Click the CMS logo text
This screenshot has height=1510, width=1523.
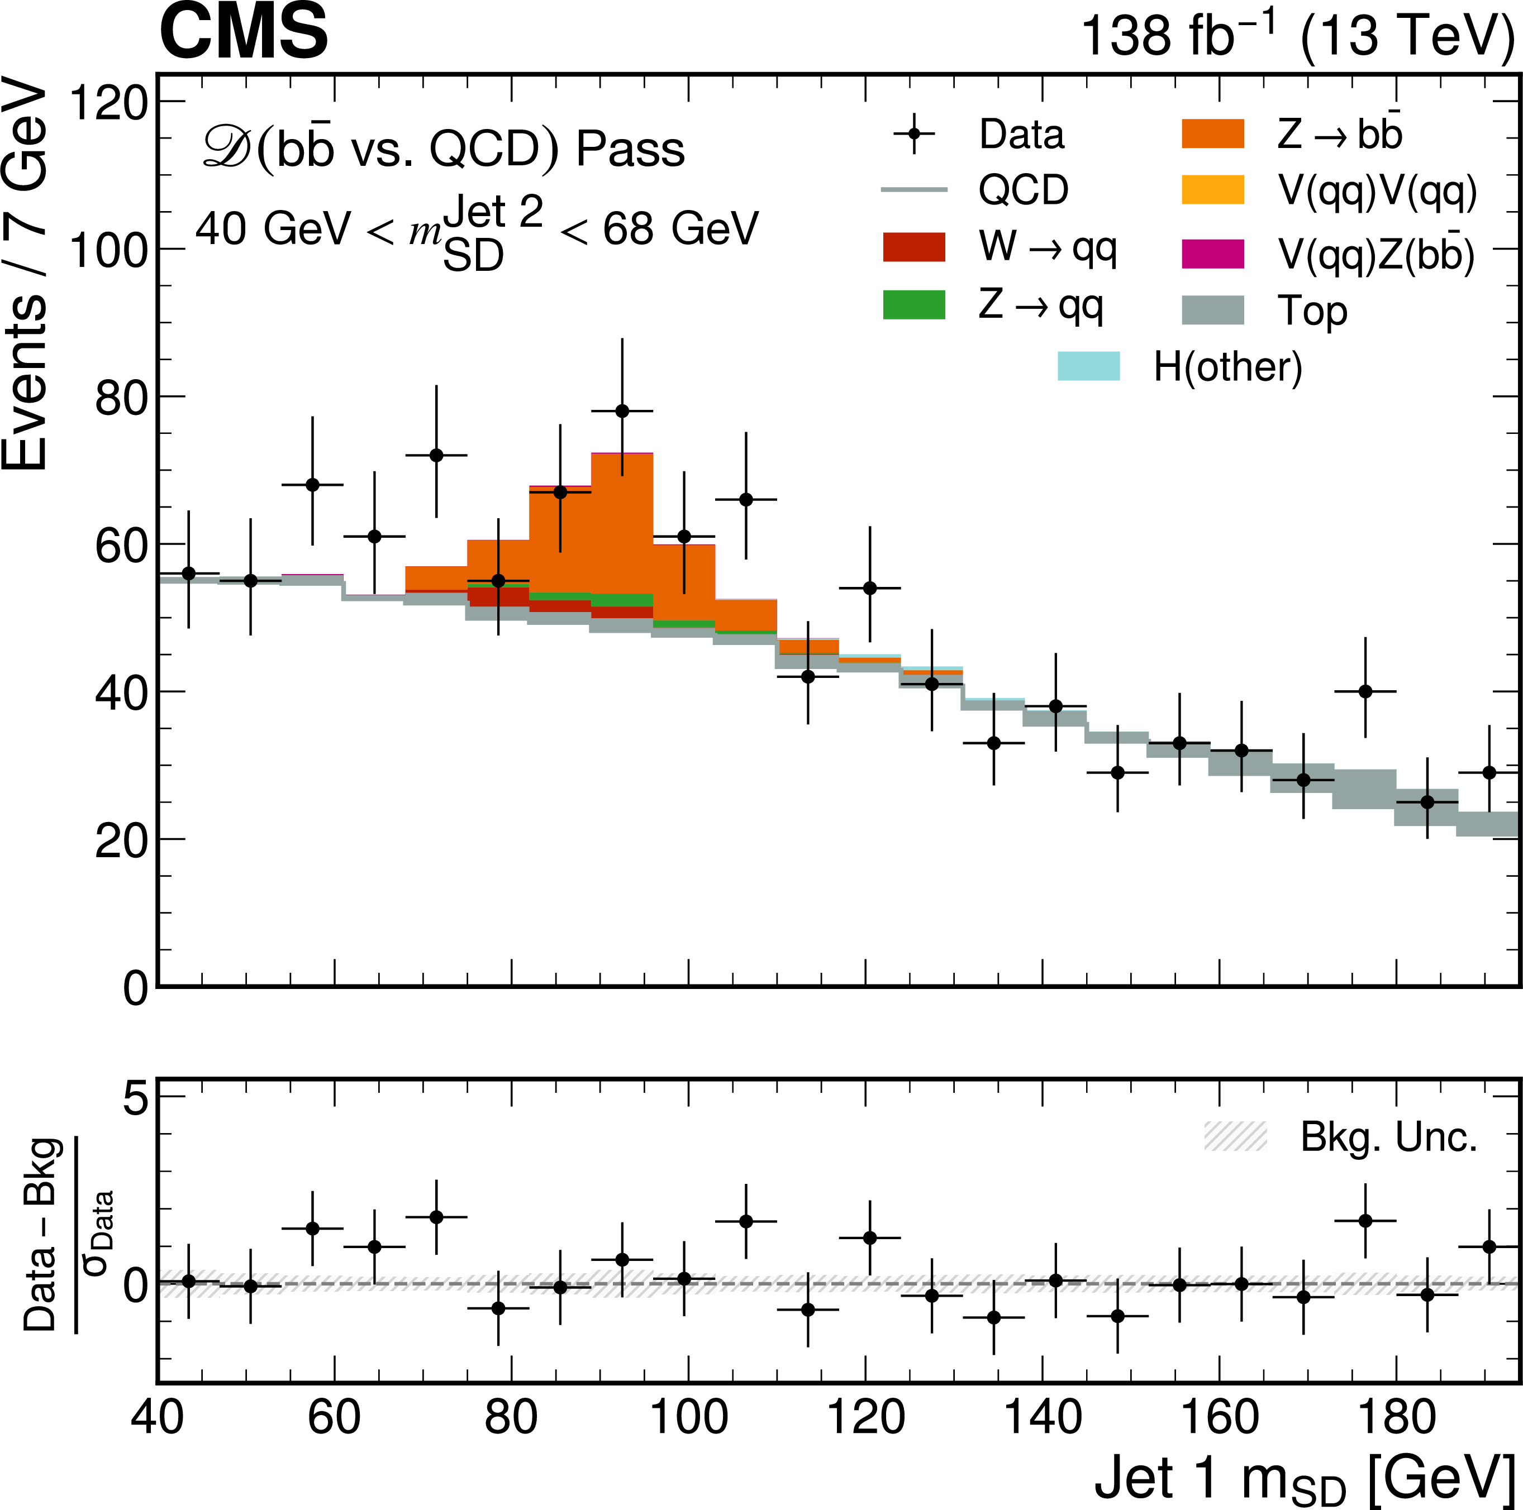[244, 31]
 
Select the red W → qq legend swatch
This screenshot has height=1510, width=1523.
[913, 247]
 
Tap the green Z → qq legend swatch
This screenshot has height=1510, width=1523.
[913, 305]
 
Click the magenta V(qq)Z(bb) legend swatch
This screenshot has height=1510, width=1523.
[1212, 254]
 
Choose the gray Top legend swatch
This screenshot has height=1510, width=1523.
[1212, 310]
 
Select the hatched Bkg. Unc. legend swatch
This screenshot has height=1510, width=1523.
[1235, 1136]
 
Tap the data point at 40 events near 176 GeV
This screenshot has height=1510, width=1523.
[1365, 691]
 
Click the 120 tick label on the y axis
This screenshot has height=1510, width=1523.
[110, 102]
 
